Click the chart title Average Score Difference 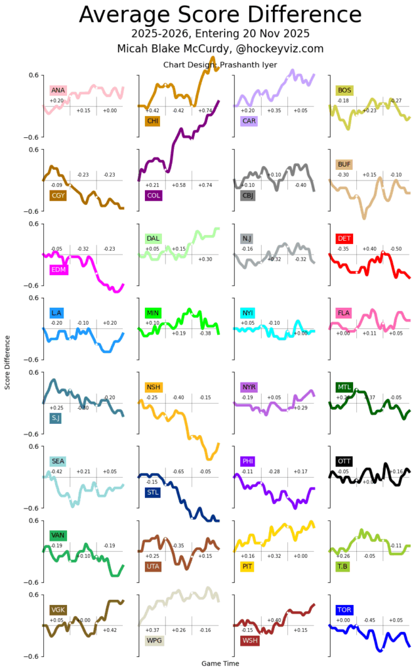tap(220, 14)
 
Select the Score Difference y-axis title tap(8, 362)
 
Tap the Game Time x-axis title tap(220, 663)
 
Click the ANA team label tap(58, 90)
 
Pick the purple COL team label tap(154, 195)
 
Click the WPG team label tap(154, 640)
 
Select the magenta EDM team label tap(58, 270)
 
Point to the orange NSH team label tap(153, 387)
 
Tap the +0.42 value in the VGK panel tap(110, 630)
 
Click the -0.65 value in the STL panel tap(178, 472)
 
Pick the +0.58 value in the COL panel tap(178, 185)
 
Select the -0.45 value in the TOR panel tap(369, 620)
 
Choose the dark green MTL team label tap(343, 387)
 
